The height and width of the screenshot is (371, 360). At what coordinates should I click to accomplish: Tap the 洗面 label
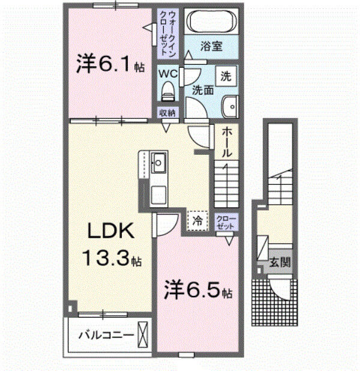click(203, 91)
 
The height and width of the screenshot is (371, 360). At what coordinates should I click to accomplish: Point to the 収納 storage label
click(167, 113)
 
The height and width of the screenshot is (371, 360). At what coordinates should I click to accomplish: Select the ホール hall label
click(226, 142)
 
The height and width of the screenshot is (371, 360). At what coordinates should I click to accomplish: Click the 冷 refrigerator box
click(197, 220)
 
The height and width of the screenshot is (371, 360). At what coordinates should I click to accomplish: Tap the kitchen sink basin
click(159, 162)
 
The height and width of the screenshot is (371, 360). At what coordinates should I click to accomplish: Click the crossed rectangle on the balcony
click(143, 333)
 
